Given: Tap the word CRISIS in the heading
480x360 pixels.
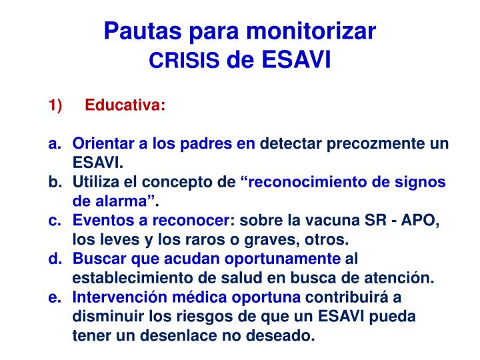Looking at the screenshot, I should tap(184, 62).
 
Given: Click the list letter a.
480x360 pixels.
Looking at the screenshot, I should tap(54, 144).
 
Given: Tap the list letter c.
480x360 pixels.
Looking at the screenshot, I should tap(54, 221).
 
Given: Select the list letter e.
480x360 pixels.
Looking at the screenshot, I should tap(54, 297).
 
